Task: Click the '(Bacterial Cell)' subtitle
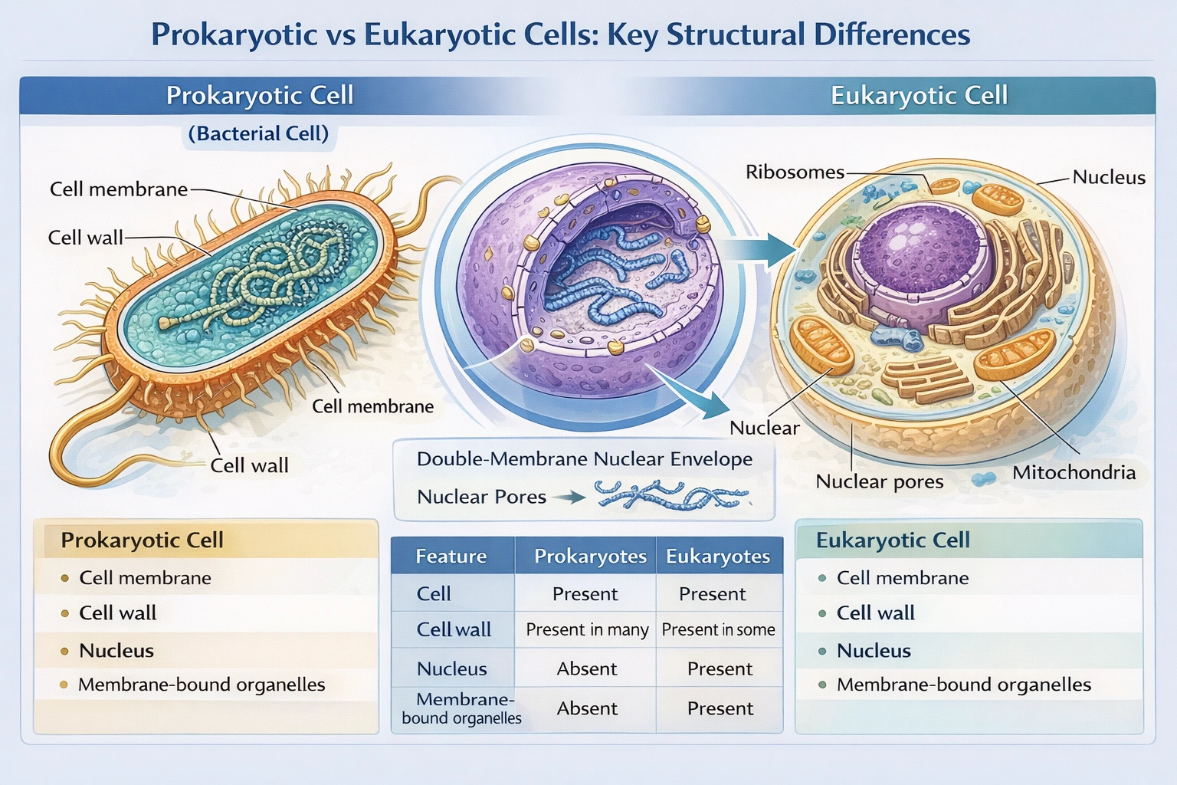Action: tap(258, 133)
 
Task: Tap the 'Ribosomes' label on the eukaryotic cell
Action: tap(795, 172)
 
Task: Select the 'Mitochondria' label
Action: tap(1074, 472)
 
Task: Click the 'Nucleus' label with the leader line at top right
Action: tap(1108, 177)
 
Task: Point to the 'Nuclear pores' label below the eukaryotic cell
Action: tap(879, 481)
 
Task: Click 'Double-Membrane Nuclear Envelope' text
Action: tap(584, 459)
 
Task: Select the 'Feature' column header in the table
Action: tap(451, 557)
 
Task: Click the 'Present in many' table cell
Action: tap(587, 630)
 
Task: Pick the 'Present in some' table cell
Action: tap(718, 630)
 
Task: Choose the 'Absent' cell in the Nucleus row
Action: tap(587, 669)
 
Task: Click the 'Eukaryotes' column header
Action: tap(717, 557)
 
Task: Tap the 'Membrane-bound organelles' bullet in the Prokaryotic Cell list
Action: tap(201, 685)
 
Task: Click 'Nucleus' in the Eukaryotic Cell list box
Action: tap(874, 651)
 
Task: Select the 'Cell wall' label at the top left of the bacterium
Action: tap(85, 238)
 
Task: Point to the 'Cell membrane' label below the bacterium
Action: tap(372, 406)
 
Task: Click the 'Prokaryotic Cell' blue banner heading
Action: tap(260, 96)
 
